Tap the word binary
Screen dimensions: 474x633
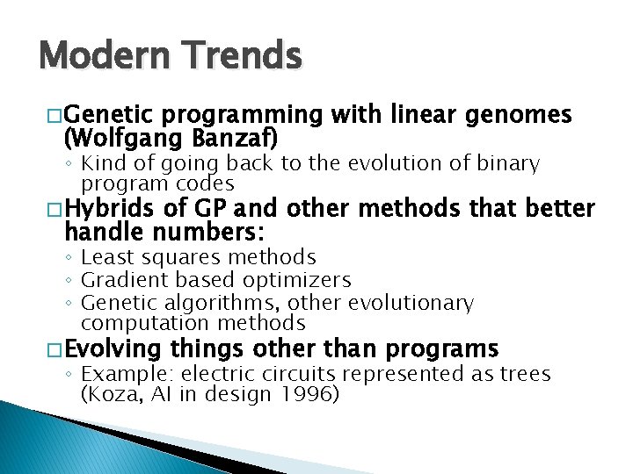tap(510, 163)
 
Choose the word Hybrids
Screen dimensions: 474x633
tap(106, 209)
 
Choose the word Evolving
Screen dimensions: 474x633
tap(113, 348)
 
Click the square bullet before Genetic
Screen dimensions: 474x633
tap(52, 116)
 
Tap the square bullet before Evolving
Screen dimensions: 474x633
tap(52, 349)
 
